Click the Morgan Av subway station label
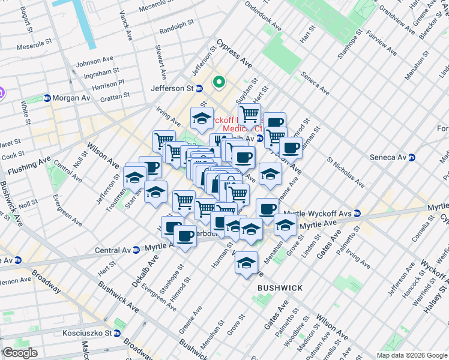click(70, 98)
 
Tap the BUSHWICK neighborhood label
click(280, 288)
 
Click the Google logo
click(20, 353)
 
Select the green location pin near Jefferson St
click(219, 82)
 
